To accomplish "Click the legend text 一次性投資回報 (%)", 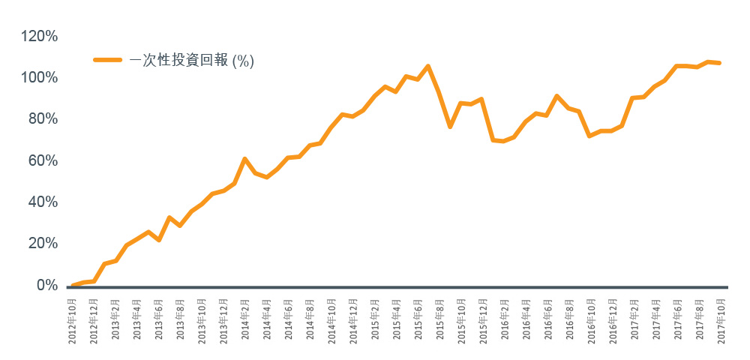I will [192, 61].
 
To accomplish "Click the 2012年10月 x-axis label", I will [73, 319].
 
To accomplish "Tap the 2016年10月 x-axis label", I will [590, 319].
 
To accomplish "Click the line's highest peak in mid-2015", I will [427, 66].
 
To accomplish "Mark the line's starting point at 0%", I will [72, 285].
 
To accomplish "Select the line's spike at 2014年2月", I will [244, 159].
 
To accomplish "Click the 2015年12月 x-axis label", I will [482, 319].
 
